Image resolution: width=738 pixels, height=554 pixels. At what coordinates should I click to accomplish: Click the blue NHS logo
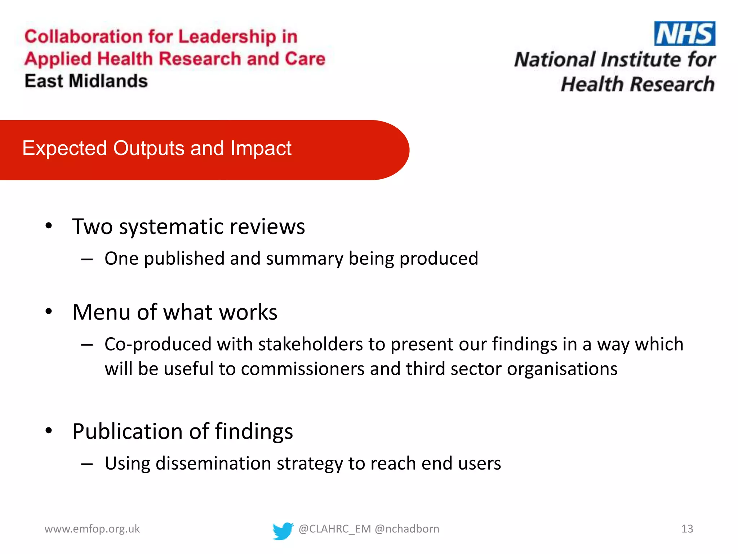(x=684, y=34)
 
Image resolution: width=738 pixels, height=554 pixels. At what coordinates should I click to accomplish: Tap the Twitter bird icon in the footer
(x=283, y=531)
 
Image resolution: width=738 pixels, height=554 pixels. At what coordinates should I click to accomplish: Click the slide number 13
(x=687, y=529)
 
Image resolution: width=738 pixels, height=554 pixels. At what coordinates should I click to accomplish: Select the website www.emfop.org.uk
(x=92, y=529)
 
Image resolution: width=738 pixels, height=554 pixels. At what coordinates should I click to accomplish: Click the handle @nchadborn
(x=407, y=529)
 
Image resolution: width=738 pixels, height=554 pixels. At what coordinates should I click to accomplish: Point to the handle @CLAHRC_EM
(x=335, y=529)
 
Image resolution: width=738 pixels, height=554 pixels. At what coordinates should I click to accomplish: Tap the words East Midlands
(x=86, y=81)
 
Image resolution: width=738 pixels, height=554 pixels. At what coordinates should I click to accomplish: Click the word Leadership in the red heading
(x=227, y=36)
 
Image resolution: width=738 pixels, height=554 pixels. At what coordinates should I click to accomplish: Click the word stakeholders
(x=310, y=344)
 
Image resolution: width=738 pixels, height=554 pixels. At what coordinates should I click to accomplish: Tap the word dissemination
(x=213, y=463)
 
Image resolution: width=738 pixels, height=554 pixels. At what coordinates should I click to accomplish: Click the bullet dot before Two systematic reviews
(x=49, y=226)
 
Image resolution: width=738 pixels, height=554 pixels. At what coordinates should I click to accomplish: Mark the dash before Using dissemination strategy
(x=87, y=464)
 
